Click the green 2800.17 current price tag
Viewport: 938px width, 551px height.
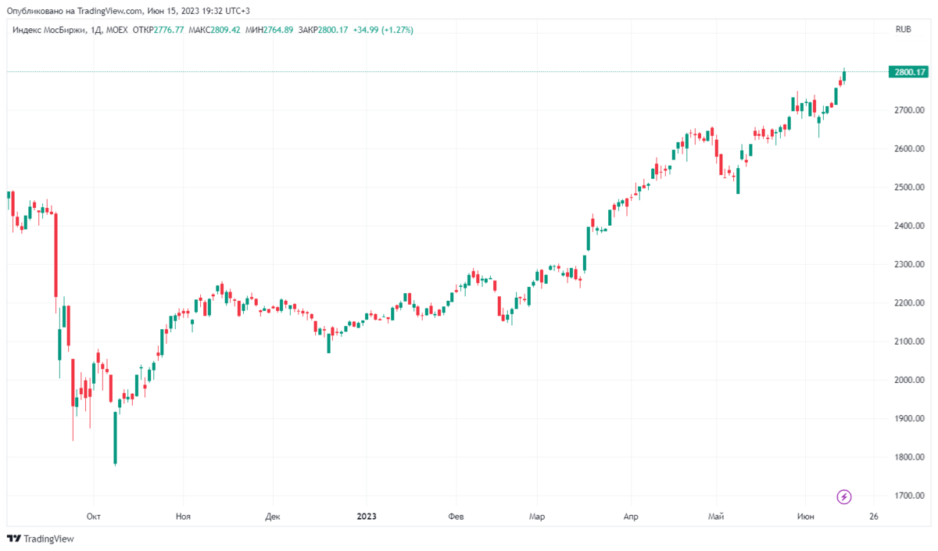[x=908, y=72]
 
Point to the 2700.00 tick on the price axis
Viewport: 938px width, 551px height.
[x=909, y=110]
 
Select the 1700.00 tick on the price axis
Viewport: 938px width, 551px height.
[x=909, y=496]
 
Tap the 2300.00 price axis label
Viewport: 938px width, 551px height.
[x=909, y=264]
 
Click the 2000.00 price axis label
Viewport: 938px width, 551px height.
[x=909, y=380]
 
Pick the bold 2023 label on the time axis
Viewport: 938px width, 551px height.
[x=367, y=517]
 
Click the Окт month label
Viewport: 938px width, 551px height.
[x=93, y=517]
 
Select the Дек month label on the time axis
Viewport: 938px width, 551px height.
[x=273, y=517]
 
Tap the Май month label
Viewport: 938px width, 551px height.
[x=716, y=517]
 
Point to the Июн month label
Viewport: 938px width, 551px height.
[x=806, y=517]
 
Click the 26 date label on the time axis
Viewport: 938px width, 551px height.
[x=874, y=517]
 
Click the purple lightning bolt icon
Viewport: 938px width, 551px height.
[x=843, y=497]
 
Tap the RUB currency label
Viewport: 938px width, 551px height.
[x=904, y=30]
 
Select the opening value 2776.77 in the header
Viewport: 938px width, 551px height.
[x=169, y=30]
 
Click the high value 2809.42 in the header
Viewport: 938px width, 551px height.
[x=225, y=30]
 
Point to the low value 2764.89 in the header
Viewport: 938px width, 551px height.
[x=278, y=30]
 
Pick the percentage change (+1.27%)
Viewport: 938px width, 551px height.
[x=397, y=30]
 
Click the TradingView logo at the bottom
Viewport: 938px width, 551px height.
[x=41, y=538]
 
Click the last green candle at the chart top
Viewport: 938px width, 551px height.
[x=844, y=76]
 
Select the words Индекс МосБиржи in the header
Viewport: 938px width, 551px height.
[x=48, y=30]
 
